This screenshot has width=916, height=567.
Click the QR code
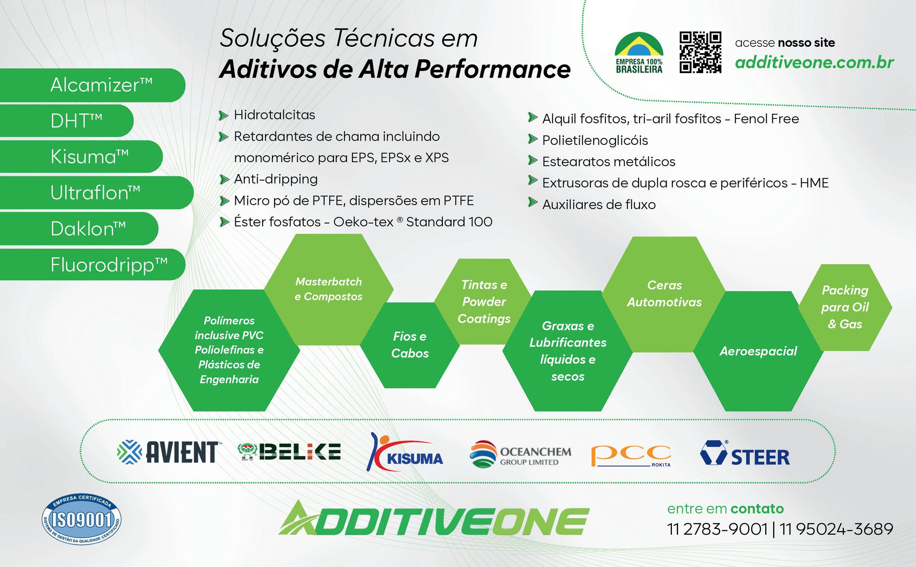(x=700, y=52)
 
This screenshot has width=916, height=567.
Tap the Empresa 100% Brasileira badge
(x=639, y=53)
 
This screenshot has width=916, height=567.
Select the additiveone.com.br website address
(x=814, y=62)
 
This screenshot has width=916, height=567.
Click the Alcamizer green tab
(x=92, y=85)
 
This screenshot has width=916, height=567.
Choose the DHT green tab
(x=67, y=120)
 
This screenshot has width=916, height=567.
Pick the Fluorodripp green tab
(x=92, y=265)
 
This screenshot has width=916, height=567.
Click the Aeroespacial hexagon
(x=758, y=351)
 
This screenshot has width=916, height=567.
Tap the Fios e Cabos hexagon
(x=410, y=345)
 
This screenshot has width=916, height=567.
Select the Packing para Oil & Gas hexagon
(x=845, y=307)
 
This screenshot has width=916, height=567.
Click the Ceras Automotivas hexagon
(x=664, y=294)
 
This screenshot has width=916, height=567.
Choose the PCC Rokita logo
(x=630, y=455)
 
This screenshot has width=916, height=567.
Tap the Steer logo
(x=745, y=454)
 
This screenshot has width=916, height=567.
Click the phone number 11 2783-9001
(x=717, y=529)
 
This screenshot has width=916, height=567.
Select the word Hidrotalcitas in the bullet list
(x=274, y=115)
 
